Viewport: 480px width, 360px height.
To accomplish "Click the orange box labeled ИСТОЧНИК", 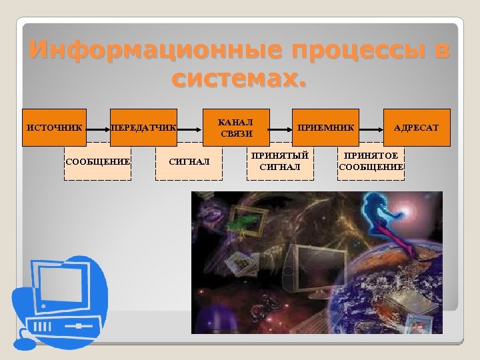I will [x=55, y=127].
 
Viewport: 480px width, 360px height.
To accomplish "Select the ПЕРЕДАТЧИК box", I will [x=144, y=127].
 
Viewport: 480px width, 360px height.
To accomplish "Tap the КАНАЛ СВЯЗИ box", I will [x=236, y=127].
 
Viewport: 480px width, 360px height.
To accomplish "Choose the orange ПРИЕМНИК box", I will [x=326, y=127].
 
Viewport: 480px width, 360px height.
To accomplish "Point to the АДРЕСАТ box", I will [x=417, y=127].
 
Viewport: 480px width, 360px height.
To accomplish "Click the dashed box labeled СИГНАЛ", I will [x=189, y=161].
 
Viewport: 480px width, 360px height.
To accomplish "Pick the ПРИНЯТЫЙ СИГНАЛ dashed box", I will [x=280, y=161].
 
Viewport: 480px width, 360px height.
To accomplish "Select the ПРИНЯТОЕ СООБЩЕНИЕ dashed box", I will [x=371, y=161].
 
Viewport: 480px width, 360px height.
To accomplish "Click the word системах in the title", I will [x=239, y=79].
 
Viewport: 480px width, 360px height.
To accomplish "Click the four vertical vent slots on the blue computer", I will [x=43, y=327].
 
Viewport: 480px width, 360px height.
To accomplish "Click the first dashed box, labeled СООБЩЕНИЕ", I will [x=97, y=161].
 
